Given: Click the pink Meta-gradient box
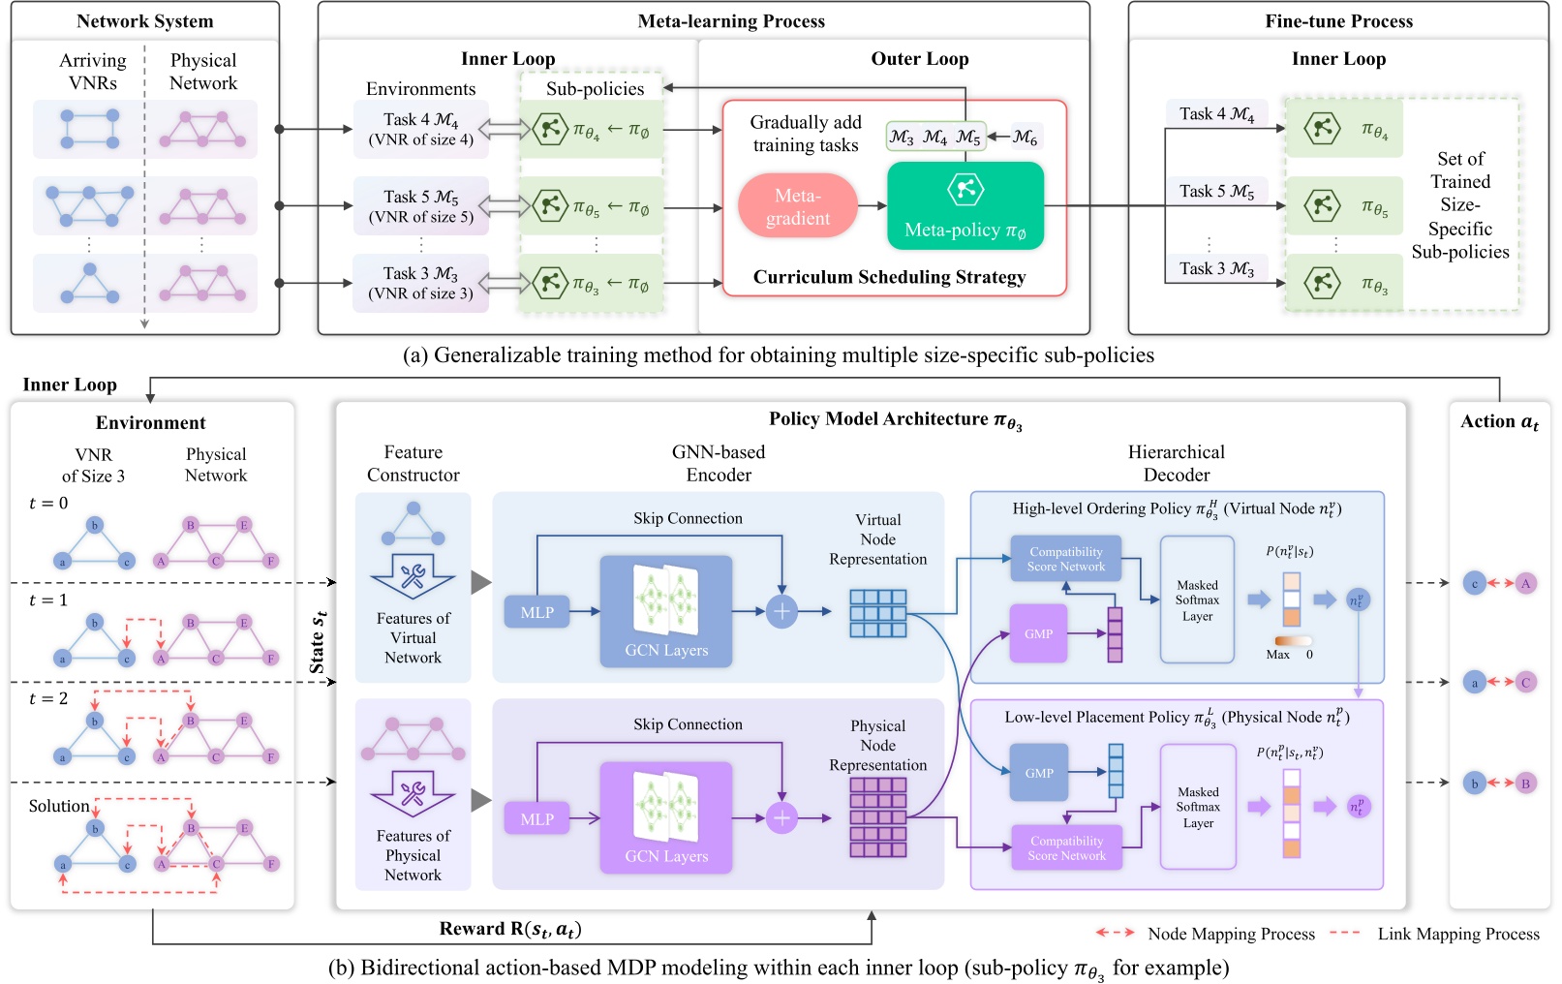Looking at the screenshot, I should [x=797, y=206].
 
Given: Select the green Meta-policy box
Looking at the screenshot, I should [x=965, y=206].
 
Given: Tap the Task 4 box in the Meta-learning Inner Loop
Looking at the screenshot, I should [x=420, y=129].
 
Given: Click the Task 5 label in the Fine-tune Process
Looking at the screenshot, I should [x=1216, y=192].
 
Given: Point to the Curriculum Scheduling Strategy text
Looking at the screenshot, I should [x=889, y=277].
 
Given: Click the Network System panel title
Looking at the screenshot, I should [x=144, y=21].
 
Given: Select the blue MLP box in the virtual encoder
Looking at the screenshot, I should [x=537, y=612].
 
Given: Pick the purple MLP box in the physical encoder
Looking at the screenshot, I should [x=537, y=819].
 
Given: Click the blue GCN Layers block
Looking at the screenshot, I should [x=666, y=611].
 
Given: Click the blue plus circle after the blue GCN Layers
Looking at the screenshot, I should [x=781, y=611].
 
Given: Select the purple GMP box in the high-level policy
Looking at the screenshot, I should [x=1038, y=633].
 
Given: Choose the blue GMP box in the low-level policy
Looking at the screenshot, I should [x=1039, y=773].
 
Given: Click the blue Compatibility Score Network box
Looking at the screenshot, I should [x=1065, y=559].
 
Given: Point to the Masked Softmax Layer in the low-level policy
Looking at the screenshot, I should [x=1198, y=807].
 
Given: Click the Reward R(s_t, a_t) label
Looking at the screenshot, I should [x=510, y=929].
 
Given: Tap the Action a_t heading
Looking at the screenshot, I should [x=1499, y=421].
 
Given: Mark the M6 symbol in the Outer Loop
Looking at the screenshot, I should [x=1025, y=138].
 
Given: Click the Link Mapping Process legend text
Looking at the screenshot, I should [x=1457, y=934].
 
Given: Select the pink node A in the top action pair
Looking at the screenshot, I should [x=1525, y=583].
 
